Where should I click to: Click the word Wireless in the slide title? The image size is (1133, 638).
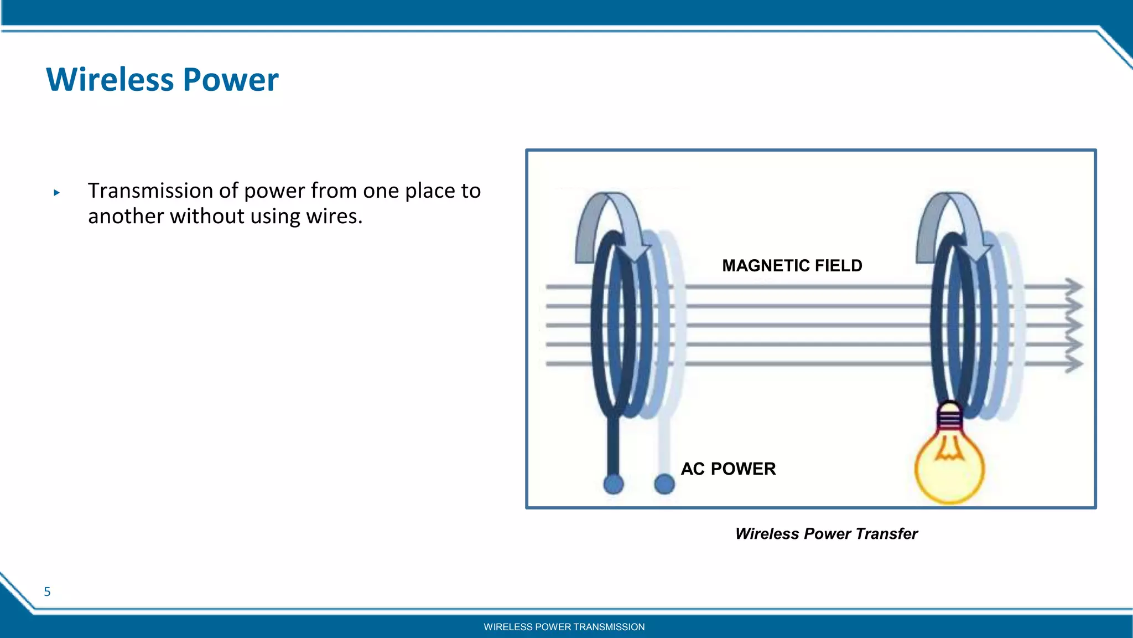110,80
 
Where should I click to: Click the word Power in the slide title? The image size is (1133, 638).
230,80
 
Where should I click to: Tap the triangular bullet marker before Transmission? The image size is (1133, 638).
56,193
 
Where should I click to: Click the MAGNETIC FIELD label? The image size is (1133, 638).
792,266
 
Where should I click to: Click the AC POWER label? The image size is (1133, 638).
728,469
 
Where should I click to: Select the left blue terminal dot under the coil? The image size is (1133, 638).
613,484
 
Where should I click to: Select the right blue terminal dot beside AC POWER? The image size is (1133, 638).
664,484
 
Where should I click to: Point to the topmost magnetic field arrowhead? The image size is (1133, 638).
1073,287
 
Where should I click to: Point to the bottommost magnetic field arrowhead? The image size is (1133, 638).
1073,364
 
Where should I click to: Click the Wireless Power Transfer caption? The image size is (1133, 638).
826,534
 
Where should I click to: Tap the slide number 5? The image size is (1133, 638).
47,592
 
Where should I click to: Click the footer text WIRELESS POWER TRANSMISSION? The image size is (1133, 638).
564,627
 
